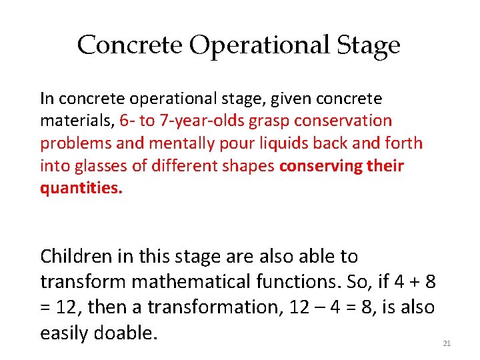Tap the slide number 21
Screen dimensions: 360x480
click(447, 343)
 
